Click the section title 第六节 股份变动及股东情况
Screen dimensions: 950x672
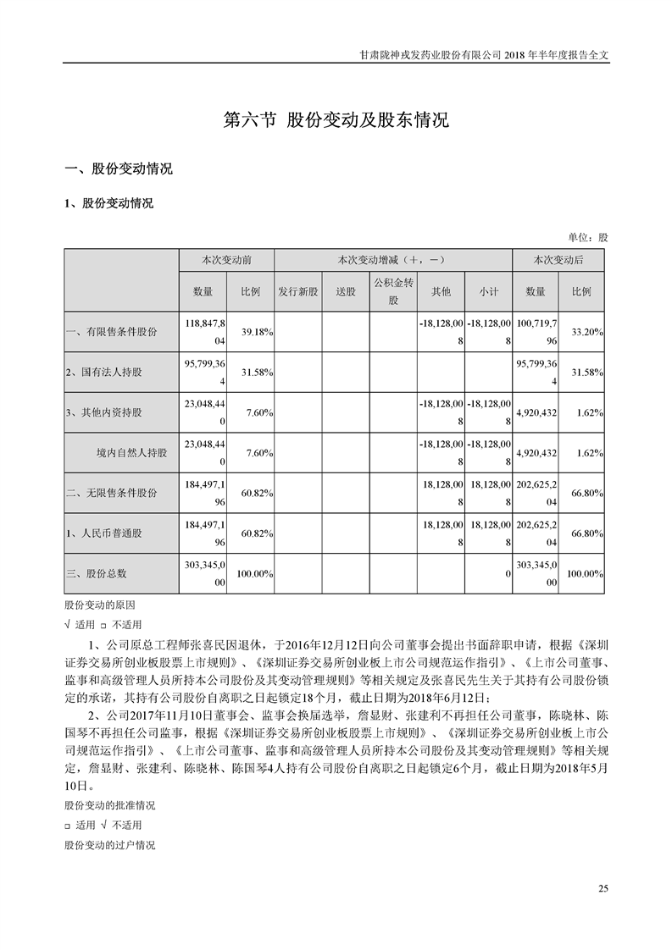click(336, 119)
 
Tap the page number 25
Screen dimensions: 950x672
click(603, 887)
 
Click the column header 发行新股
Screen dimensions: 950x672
click(298, 291)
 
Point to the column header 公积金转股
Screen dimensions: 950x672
click(393, 291)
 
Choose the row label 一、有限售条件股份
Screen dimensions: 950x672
click(111, 333)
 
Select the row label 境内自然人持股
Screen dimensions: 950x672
click(132, 453)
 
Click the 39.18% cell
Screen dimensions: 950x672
click(256, 334)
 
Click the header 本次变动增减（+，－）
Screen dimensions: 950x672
click(393, 260)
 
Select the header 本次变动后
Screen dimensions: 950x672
click(558, 260)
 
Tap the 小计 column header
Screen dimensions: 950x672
click(489, 291)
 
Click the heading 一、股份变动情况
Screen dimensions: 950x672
click(119, 168)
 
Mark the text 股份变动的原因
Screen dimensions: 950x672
click(99, 606)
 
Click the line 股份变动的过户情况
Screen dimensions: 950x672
click(109, 845)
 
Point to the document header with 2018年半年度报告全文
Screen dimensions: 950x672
click(483, 53)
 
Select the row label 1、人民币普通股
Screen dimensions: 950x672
click(105, 533)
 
